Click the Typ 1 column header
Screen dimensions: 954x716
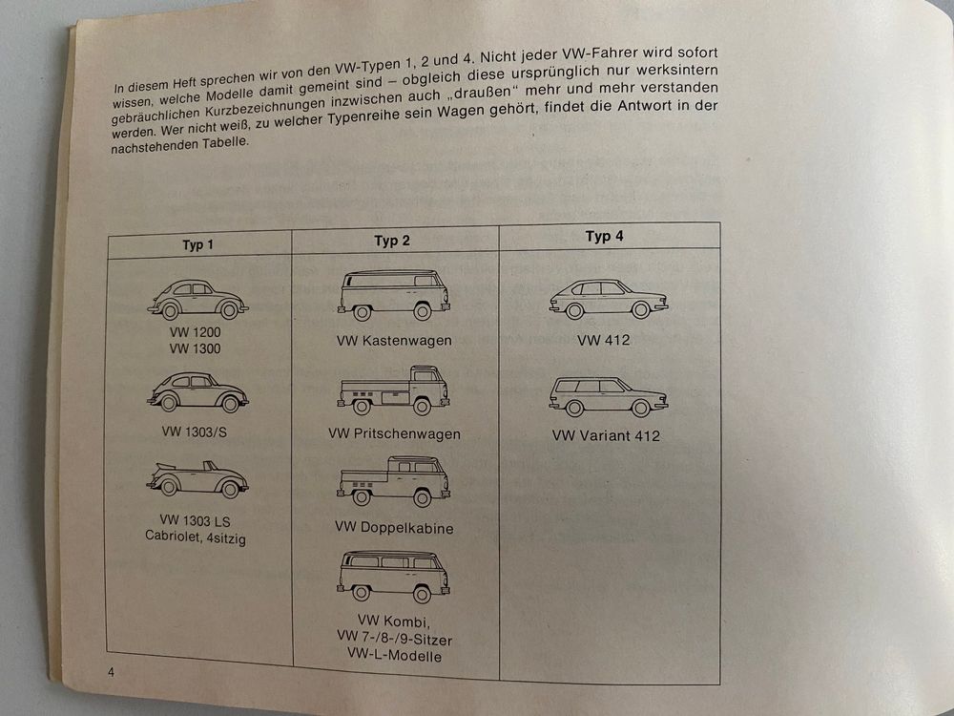coord(197,244)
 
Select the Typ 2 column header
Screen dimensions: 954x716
coord(392,241)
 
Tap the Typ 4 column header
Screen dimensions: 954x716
coord(604,236)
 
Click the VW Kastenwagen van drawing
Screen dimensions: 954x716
coord(394,295)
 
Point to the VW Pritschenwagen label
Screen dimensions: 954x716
coord(394,434)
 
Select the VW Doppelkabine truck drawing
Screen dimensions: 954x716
coord(394,481)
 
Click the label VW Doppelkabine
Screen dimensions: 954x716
coord(394,527)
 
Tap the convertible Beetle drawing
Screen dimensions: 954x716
coord(197,479)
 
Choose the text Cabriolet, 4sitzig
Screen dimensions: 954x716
coord(196,537)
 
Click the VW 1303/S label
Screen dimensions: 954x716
coord(194,432)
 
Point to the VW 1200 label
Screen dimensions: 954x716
coord(195,332)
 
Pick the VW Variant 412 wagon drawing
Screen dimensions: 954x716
coord(609,396)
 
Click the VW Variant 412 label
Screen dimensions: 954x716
coord(606,436)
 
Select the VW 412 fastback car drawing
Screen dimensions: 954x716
coord(609,299)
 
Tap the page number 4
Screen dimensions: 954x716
coord(111,673)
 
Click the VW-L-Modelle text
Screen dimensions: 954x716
coord(394,656)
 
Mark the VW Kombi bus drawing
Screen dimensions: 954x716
coord(394,576)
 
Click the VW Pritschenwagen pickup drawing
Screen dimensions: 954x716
coord(394,390)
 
